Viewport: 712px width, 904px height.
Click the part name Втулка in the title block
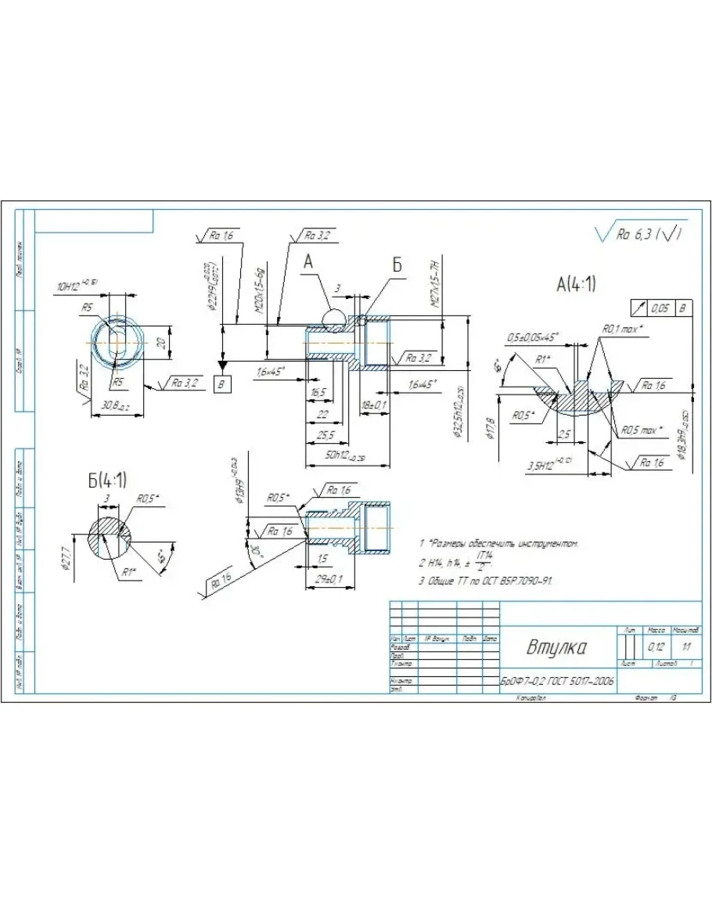click(x=558, y=648)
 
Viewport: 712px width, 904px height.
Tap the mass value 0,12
click(x=656, y=647)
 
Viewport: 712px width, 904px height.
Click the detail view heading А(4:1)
click(x=575, y=284)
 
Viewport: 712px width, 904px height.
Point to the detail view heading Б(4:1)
click(x=107, y=479)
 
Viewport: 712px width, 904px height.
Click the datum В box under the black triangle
click(x=223, y=384)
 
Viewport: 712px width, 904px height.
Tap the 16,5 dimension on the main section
click(x=318, y=391)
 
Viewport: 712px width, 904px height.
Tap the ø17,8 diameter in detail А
click(x=491, y=430)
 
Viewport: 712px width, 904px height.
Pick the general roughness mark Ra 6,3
click(x=642, y=234)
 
